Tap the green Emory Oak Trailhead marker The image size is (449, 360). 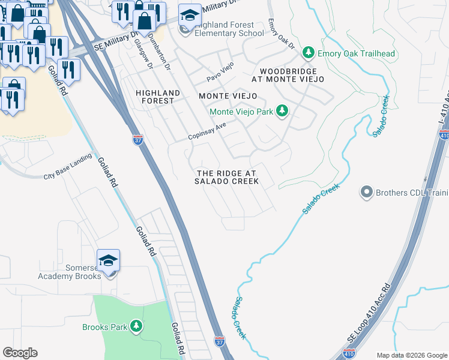(309, 53)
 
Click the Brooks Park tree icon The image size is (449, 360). (137, 326)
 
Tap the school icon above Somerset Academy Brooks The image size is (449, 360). (109, 260)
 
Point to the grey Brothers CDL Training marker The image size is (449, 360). (366, 193)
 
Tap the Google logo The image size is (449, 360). (20, 353)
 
